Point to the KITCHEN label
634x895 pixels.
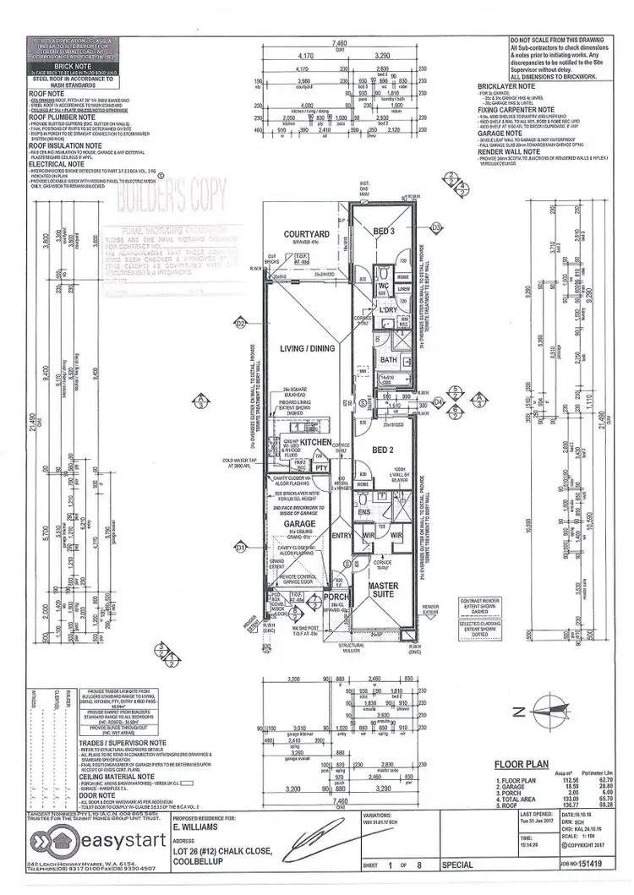point(316,442)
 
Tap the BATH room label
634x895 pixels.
point(388,360)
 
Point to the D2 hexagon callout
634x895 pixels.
point(240,323)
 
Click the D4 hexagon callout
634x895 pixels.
point(439,402)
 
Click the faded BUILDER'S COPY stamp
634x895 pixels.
point(172,196)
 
